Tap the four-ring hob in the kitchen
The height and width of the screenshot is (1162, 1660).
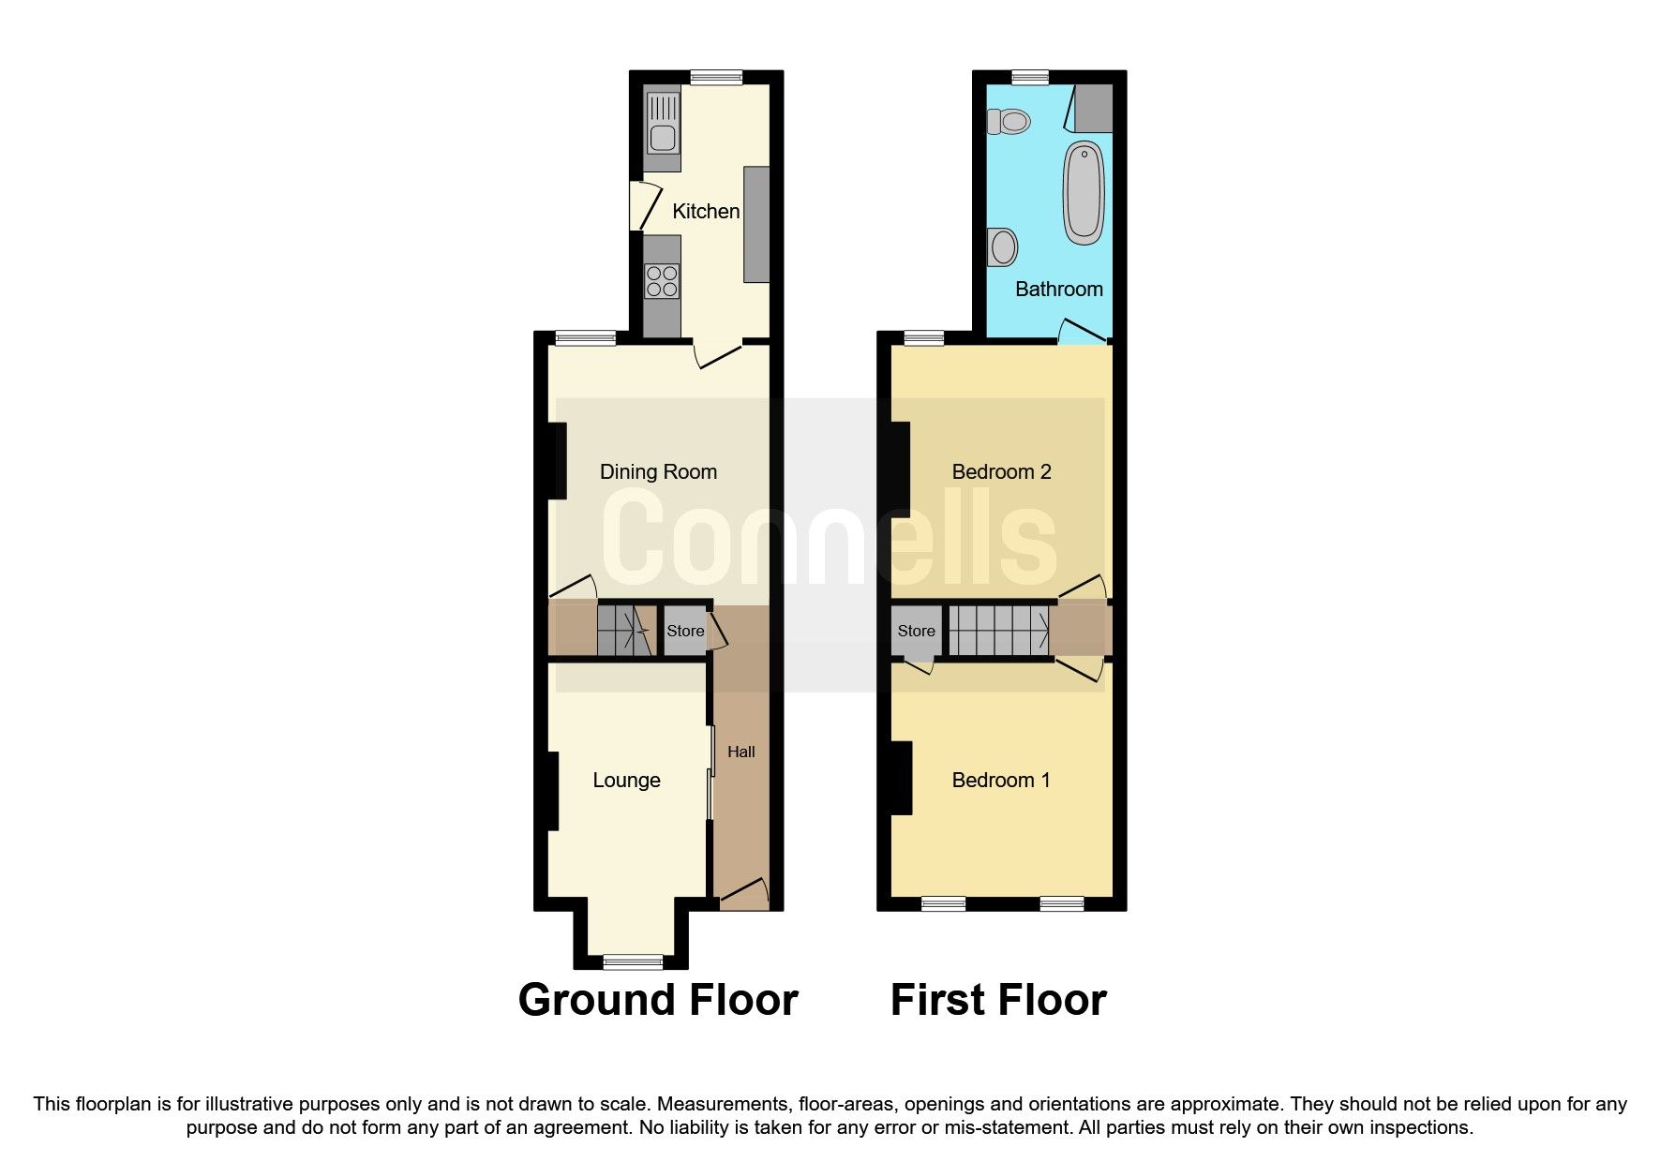[x=662, y=281]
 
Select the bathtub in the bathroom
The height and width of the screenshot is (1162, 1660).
[x=1084, y=192]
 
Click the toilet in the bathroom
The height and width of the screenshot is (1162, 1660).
[x=1008, y=121]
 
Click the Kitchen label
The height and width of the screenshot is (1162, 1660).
[x=706, y=212]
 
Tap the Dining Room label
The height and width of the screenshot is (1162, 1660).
[x=658, y=472]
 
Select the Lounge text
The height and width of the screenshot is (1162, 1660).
[x=626, y=781]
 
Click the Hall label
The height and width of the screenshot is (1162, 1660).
[x=740, y=752]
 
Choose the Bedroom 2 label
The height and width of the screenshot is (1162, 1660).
[x=1001, y=472]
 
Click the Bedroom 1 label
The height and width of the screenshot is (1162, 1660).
[x=1000, y=781]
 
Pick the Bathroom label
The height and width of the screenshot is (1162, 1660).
[x=1058, y=289]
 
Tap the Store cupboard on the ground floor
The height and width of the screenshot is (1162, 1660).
[x=685, y=632]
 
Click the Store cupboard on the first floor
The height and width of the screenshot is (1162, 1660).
[x=916, y=632]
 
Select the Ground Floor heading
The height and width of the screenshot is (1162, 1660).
[x=657, y=1000]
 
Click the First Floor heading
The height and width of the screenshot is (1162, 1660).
[x=997, y=1000]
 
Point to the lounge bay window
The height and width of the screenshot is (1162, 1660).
[x=632, y=961]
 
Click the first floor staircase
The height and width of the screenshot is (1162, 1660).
[x=998, y=631]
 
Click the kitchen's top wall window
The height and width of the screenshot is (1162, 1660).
[x=716, y=78]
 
